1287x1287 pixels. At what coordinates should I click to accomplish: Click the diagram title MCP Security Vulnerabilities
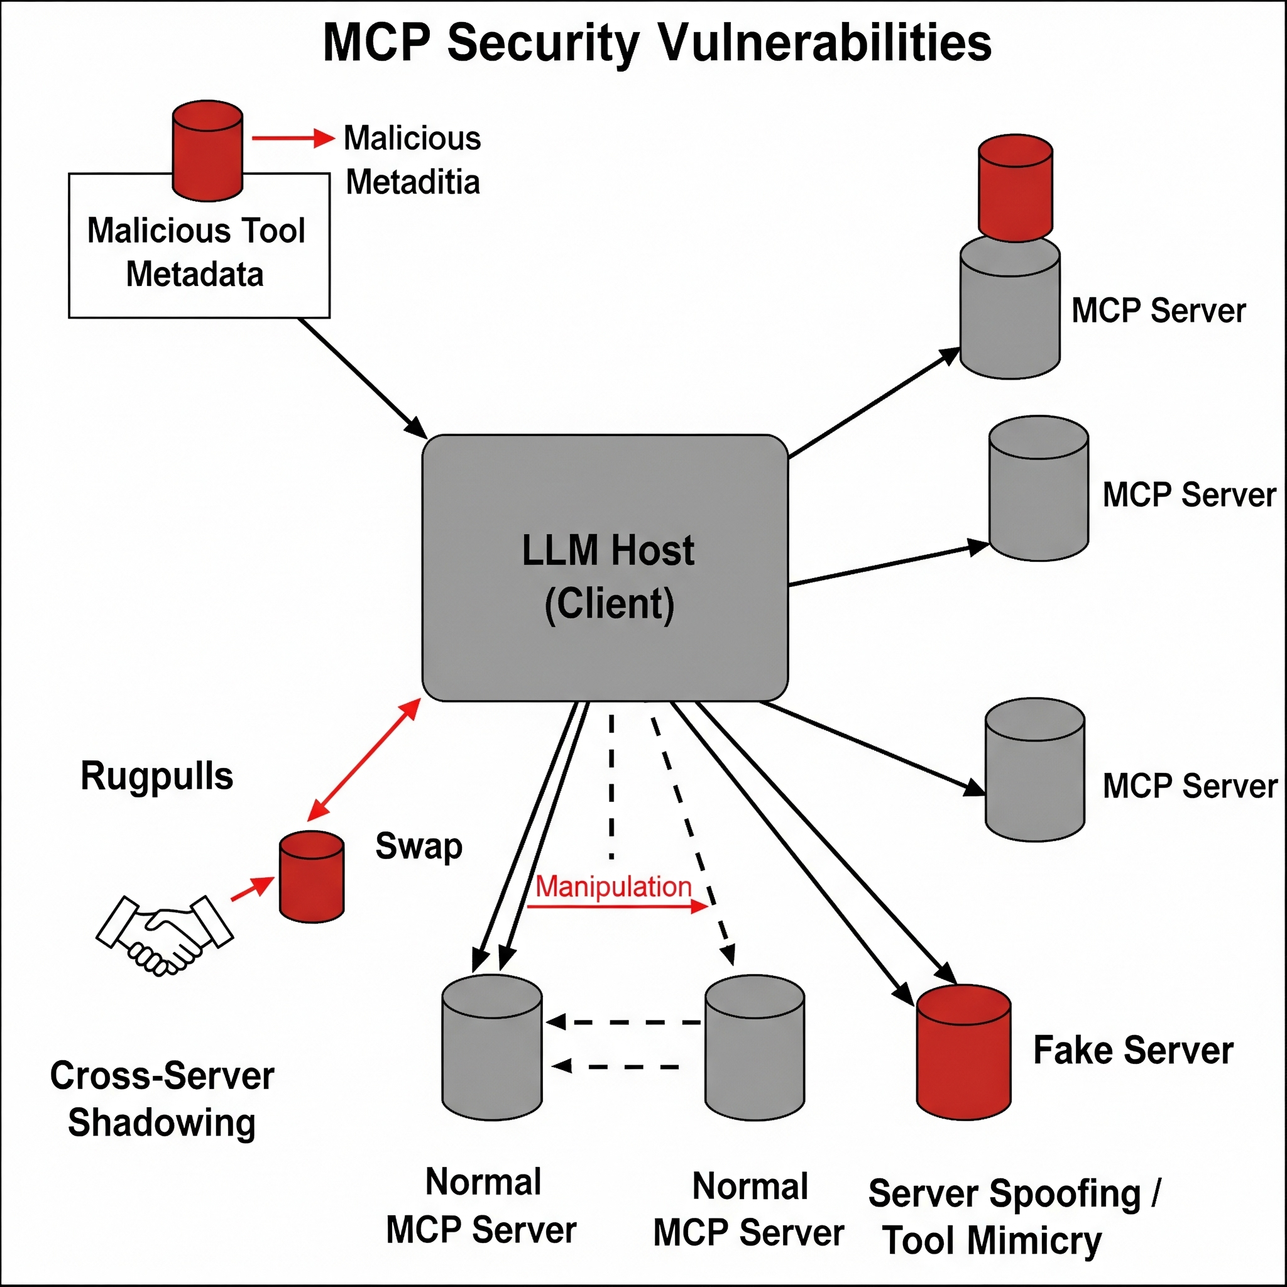[657, 43]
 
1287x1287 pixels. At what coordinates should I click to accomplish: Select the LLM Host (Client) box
[605, 567]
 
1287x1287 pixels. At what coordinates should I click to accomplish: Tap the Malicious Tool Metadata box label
[196, 253]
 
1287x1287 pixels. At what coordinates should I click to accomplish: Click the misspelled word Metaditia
[413, 182]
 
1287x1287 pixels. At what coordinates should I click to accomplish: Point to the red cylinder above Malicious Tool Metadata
[207, 151]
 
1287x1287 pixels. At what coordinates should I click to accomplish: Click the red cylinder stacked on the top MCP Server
[1016, 188]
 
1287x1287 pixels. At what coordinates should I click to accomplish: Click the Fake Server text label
[1133, 1051]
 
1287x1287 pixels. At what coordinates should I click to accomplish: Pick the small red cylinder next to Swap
[312, 877]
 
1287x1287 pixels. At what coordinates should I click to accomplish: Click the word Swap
[419, 846]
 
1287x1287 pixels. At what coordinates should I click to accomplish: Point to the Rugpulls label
[157, 776]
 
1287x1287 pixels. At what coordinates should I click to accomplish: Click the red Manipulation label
[613, 887]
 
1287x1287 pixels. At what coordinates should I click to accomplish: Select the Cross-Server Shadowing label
[162, 1099]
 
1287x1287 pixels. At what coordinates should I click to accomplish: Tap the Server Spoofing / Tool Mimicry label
[1014, 1217]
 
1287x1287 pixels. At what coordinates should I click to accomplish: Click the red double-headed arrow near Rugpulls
[364, 759]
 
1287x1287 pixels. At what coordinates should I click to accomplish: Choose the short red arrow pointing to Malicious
[293, 138]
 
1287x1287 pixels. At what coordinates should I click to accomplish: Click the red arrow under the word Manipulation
[617, 907]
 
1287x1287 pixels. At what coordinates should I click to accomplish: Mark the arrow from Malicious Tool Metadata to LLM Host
[363, 378]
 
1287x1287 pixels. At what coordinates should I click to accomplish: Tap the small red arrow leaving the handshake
[253, 889]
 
